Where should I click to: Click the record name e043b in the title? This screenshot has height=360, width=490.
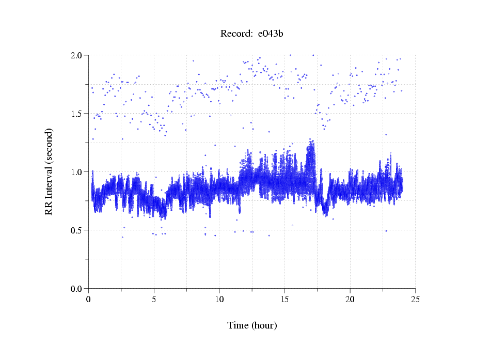tap(271, 34)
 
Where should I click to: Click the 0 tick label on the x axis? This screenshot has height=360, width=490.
tap(89, 299)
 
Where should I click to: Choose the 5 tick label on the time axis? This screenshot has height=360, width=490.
tap(154, 299)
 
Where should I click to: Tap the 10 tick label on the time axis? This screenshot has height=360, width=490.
tap(219, 299)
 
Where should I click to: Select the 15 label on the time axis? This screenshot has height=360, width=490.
tap(284, 299)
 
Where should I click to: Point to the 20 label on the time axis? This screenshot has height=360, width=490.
tap(350, 299)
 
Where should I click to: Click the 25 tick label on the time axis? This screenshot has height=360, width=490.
tap(415, 299)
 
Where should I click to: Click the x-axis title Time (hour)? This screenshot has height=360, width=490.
tap(252, 325)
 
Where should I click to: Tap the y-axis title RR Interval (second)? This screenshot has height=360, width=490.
tap(49, 171)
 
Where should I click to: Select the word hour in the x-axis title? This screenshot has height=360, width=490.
tap(264, 325)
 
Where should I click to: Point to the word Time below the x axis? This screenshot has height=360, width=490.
tap(238, 325)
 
